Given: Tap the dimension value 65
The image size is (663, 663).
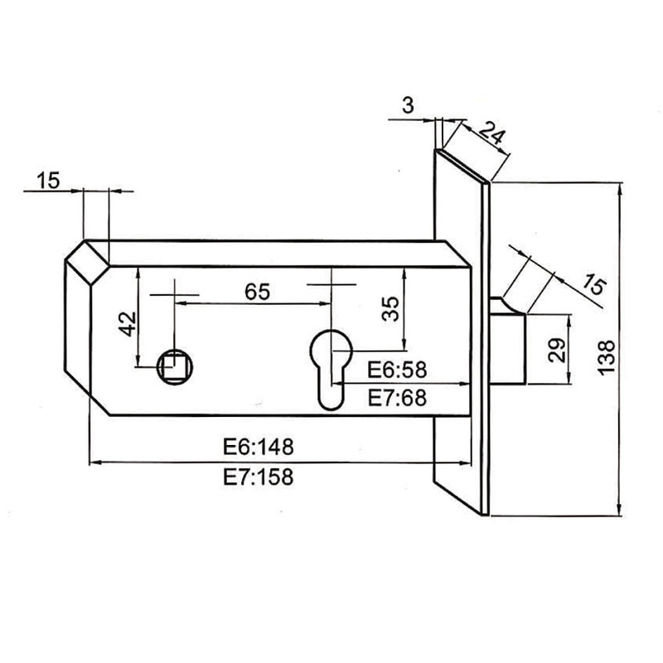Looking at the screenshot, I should point(258,292).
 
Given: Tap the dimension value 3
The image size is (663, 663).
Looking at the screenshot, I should point(407,104).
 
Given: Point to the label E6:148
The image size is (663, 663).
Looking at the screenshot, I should point(258,447).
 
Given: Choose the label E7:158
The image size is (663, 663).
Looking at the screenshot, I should point(258,477).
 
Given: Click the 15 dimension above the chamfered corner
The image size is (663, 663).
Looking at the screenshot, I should point(48,179).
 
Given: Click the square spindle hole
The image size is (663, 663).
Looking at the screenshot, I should point(176,363).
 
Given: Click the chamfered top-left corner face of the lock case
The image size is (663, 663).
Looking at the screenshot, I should point(88,259).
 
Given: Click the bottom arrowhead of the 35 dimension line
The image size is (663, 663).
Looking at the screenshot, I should point(403,347).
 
